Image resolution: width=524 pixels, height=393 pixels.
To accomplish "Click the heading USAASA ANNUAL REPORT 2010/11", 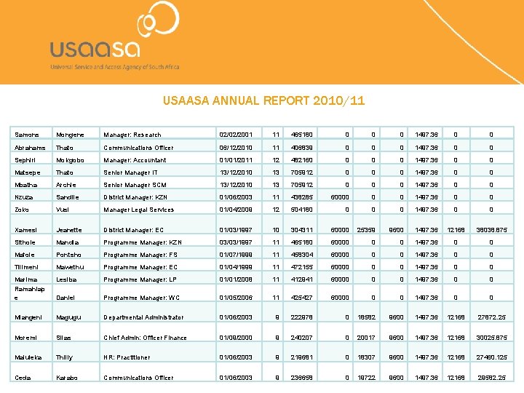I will (263, 101).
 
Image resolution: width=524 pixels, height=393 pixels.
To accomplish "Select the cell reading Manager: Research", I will (132, 135).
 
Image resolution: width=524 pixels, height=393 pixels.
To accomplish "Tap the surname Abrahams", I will (31, 147).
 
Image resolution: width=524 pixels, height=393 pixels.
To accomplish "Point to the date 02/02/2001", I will (236, 135).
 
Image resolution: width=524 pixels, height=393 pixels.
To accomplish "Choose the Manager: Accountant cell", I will (135, 160).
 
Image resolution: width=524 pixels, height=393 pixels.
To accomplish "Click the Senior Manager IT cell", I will (130, 172).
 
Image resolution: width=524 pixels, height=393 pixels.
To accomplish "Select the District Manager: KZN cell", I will (135, 197).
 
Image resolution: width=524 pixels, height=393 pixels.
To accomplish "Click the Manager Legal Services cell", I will (138, 210).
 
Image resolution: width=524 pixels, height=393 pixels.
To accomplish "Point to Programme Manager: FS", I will (141, 255).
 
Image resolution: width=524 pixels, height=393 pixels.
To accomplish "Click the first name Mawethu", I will (70, 267).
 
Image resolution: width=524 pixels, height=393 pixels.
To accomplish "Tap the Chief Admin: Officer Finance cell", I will (145, 338).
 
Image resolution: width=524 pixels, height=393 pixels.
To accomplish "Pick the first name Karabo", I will (67, 378).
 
